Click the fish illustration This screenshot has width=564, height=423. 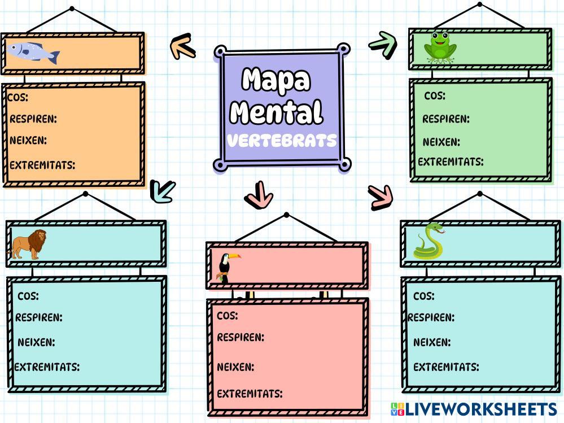coord(33,53)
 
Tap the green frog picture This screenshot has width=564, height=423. coord(440,47)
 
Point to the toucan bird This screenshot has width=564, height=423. coord(227,266)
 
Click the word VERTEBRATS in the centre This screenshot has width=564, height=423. coord(282,140)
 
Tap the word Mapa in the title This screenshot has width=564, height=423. coord(276,80)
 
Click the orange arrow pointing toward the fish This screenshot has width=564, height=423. coord(182,47)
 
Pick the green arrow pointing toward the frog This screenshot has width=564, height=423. coord(383,43)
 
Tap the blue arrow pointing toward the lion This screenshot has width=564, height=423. coord(163,190)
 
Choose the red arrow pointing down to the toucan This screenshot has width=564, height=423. coord(259,194)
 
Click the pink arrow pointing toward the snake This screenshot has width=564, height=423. coord(380,195)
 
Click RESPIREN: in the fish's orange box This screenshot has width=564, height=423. coord(34,119)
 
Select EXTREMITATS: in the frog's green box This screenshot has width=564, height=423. coord(451,162)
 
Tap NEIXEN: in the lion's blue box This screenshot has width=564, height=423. coord(36,342)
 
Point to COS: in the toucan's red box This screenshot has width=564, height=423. coord(228,316)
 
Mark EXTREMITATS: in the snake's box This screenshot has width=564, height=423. coord(446,367)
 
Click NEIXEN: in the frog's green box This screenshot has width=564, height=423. coord(441,142)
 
